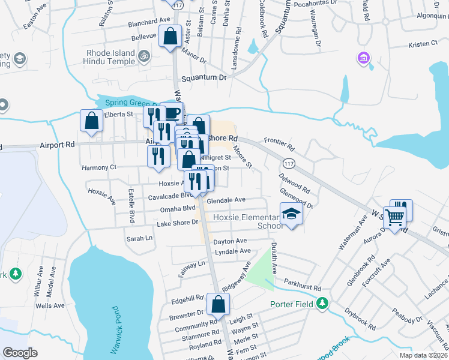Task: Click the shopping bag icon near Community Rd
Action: pyautogui.click(x=217, y=303)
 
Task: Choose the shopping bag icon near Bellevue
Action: pyautogui.click(x=170, y=35)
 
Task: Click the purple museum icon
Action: pyautogui.click(x=363, y=58)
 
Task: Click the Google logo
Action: pyautogui.click(x=20, y=352)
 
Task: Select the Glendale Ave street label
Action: pyautogui.click(x=226, y=200)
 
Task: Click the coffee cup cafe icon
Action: pyautogui.click(x=173, y=112)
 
